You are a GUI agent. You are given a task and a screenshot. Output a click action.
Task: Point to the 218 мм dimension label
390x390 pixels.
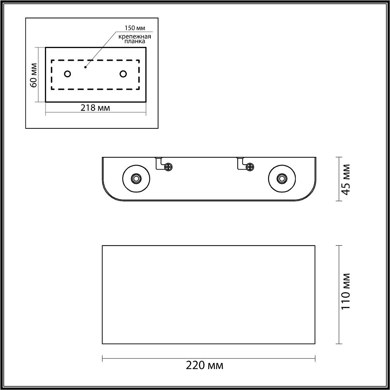(x=95, y=108)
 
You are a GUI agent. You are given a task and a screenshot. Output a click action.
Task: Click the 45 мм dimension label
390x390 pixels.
(x=346, y=179)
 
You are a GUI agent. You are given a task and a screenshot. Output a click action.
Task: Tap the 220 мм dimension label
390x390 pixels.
(x=205, y=366)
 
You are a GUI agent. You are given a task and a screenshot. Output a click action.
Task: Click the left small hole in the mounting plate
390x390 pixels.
(x=67, y=74)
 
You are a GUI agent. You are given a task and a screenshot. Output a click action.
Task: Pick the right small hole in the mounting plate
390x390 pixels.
(x=123, y=74)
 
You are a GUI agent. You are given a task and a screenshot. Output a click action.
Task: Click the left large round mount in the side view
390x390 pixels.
(x=136, y=178)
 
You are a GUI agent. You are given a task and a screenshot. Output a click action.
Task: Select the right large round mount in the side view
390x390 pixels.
(x=282, y=178)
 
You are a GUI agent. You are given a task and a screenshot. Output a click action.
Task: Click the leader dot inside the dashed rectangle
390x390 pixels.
(x=85, y=67)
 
